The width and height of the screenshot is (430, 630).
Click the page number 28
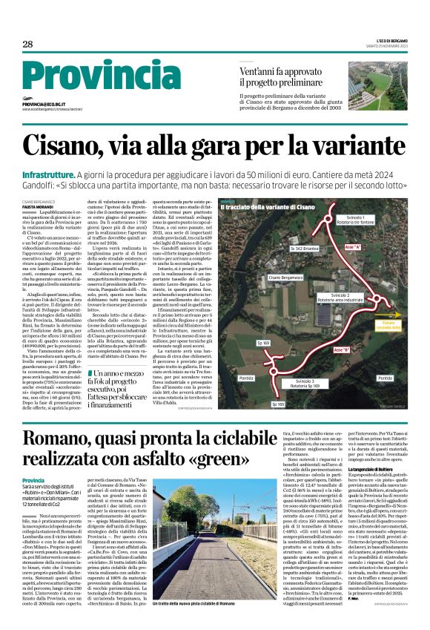pos(27,45)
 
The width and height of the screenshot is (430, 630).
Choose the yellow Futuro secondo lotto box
pos(407,324)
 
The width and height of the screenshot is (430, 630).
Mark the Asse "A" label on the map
pos(354,243)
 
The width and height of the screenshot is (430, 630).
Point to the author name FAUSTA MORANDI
pos(39,208)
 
